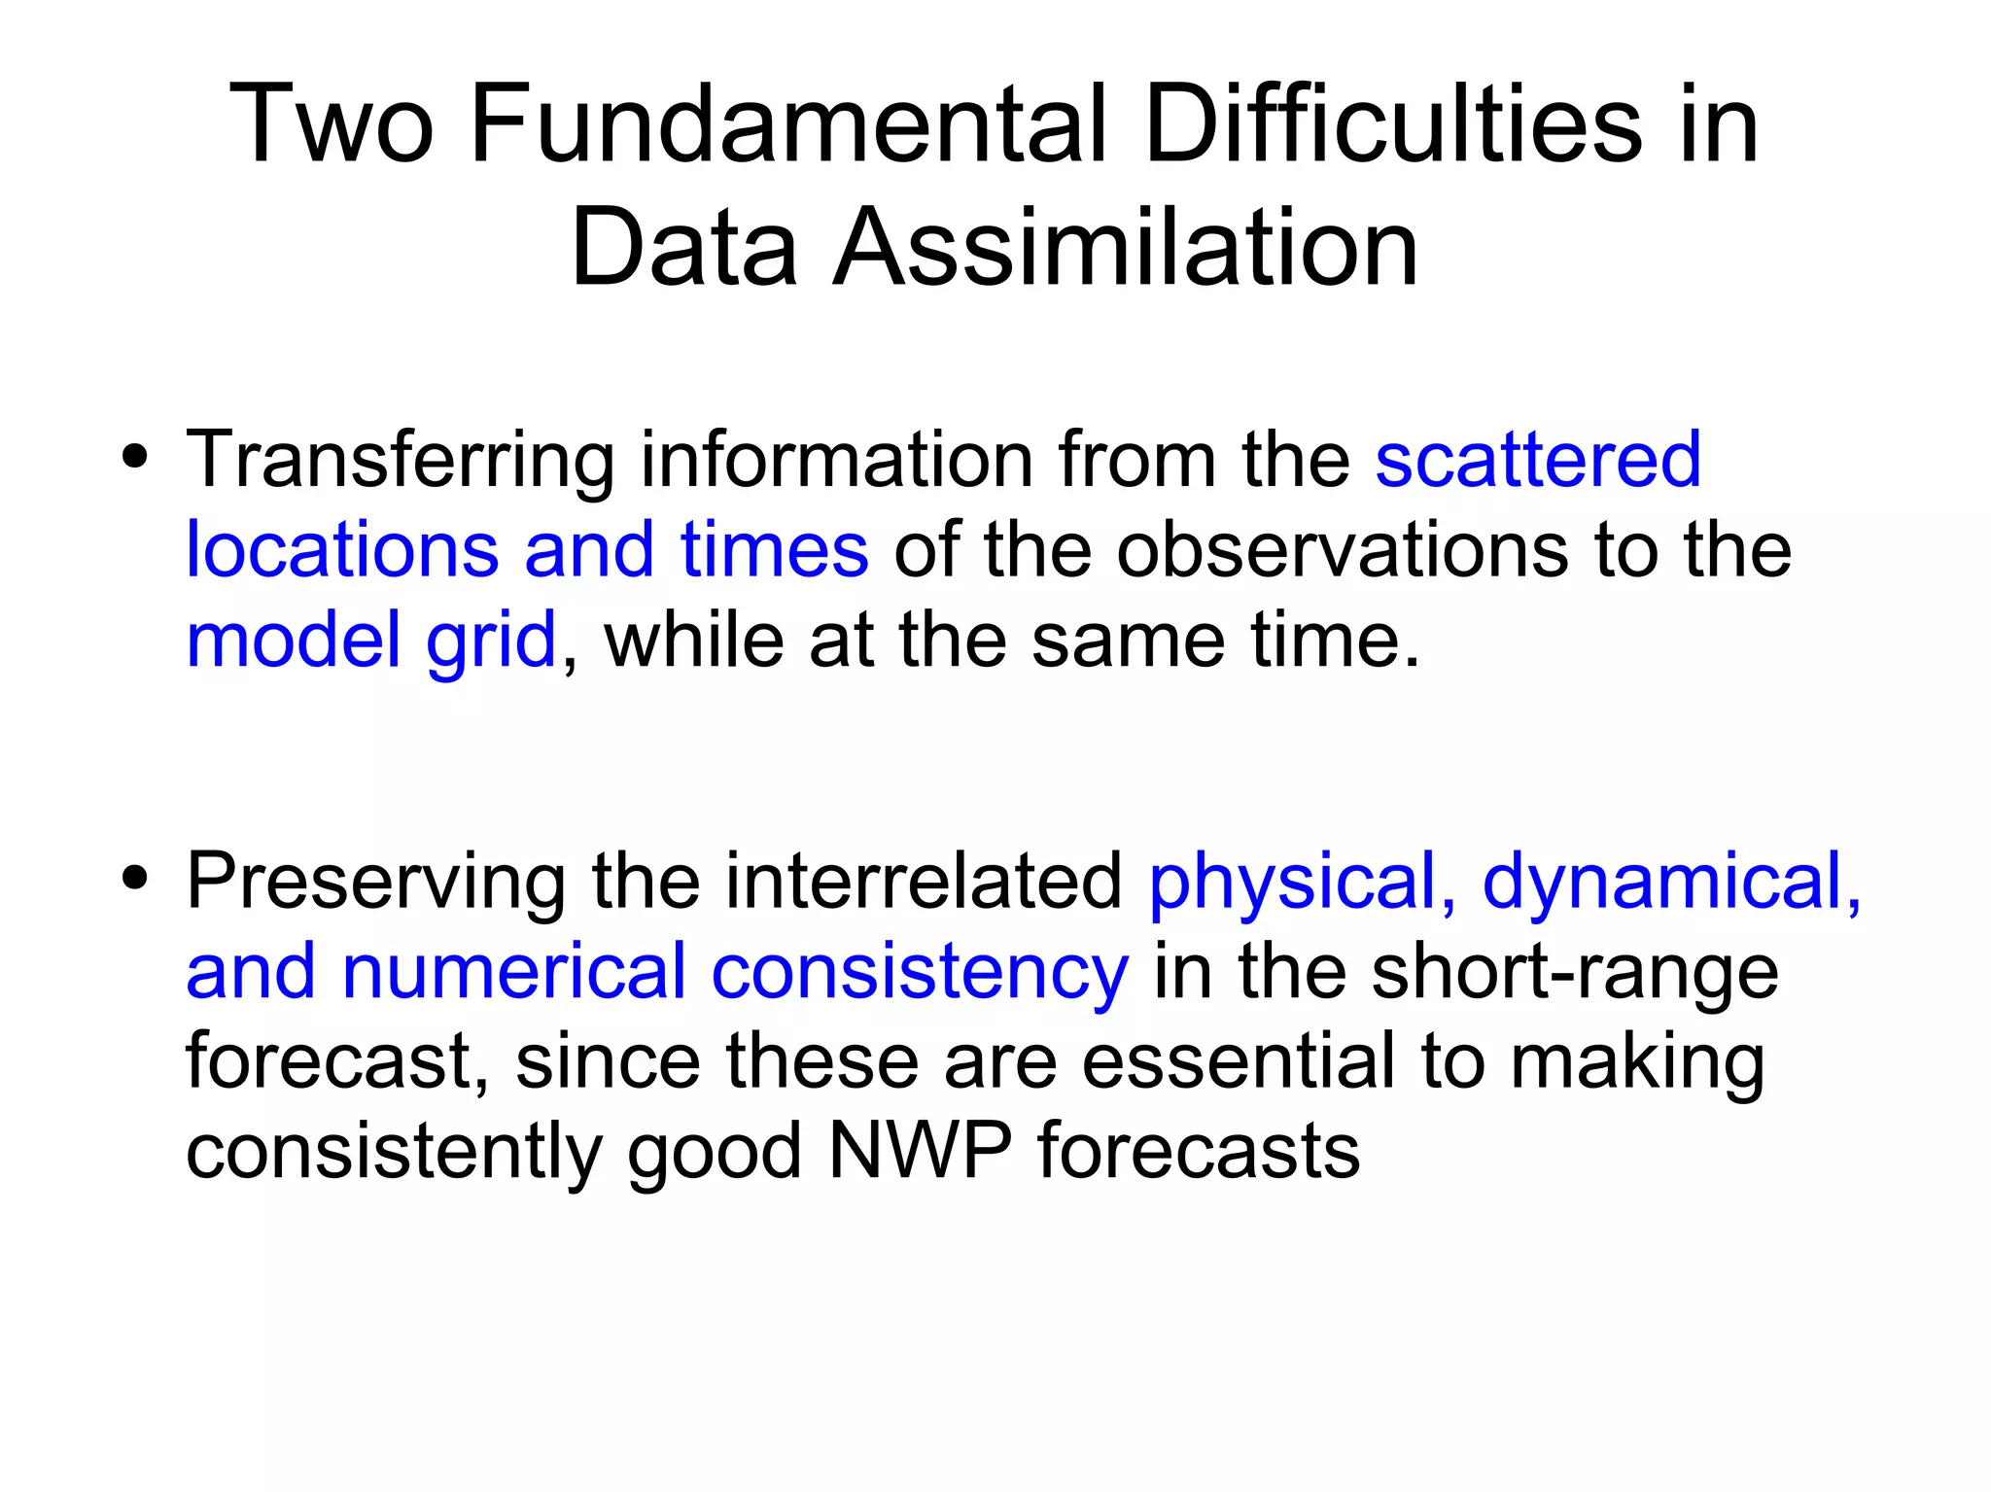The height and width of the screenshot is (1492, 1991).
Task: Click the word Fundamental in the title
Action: (787, 123)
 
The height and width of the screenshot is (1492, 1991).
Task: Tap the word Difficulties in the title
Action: (1393, 123)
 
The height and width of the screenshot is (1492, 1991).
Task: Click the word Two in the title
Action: (331, 123)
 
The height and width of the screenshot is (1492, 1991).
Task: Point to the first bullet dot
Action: (135, 457)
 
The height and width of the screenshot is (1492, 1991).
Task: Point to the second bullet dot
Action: (135, 878)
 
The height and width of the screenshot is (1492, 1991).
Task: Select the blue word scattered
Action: (1538, 460)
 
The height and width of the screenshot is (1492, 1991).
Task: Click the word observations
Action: (1343, 549)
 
